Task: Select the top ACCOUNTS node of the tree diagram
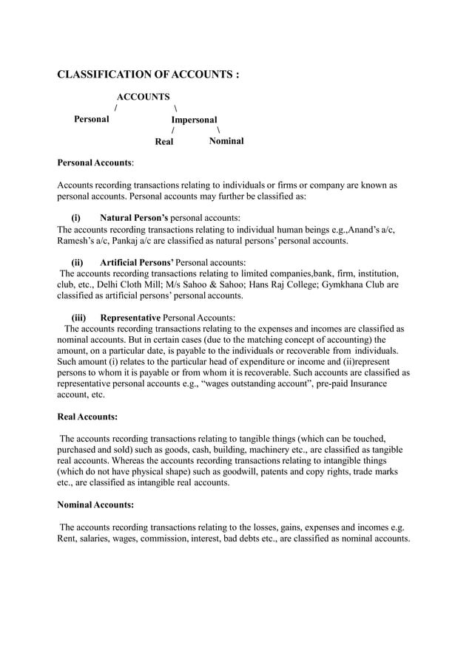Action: pos(143,97)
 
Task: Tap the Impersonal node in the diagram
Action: pos(194,120)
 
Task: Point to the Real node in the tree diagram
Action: pos(163,141)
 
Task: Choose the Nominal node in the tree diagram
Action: pos(226,140)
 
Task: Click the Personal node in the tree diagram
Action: pos(91,119)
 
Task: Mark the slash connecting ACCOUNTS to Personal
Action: pos(115,108)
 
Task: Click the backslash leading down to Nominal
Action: pos(218,130)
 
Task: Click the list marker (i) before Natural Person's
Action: pos(75,218)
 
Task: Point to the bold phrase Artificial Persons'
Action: pos(137,262)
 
